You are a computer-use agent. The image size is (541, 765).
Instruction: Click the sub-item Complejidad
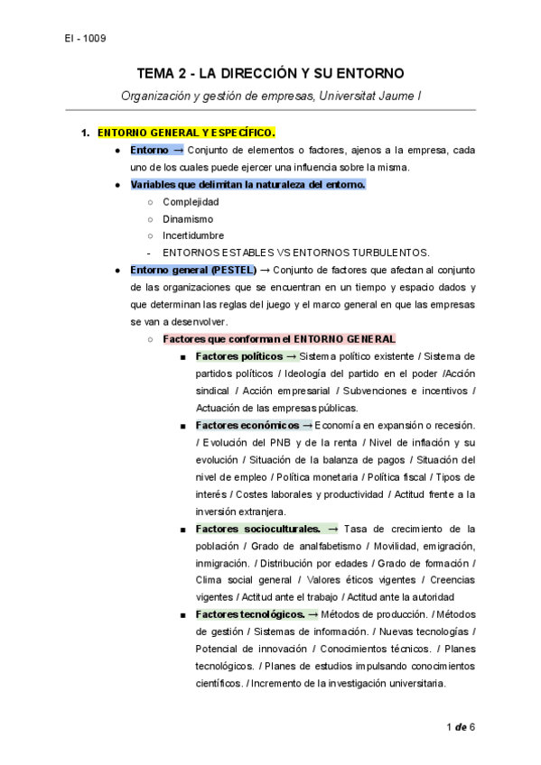click(191, 202)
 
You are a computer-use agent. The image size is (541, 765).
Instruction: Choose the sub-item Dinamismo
click(188, 218)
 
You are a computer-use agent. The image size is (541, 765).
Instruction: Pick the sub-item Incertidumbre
click(193, 235)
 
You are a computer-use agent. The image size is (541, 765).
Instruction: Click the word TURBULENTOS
click(386, 253)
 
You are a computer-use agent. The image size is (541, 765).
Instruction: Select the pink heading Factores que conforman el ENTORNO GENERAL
click(279, 339)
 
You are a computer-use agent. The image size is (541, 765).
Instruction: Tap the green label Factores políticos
click(238, 356)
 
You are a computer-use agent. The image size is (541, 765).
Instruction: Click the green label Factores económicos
click(247, 425)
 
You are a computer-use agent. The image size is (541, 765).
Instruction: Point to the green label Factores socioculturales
click(257, 529)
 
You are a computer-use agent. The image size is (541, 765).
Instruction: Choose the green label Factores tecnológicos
click(250, 614)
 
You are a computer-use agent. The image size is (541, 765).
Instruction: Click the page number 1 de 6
click(460, 727)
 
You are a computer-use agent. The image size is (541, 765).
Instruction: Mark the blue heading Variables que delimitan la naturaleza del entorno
click(247, 185)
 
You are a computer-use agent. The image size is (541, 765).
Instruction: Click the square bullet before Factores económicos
click(183, 426)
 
